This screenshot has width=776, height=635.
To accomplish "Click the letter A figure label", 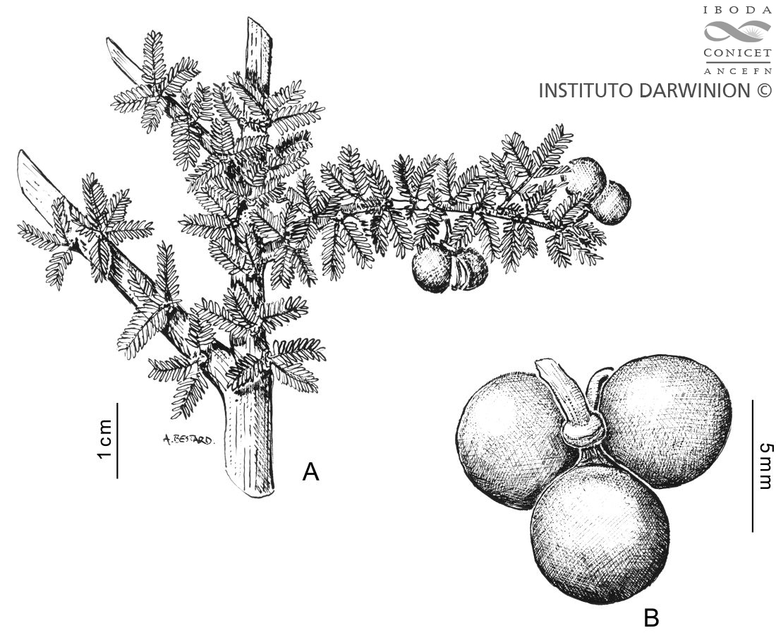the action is pyautogui.click(x=311, y=472).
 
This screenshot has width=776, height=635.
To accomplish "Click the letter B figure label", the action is pyautogui.click(x=651, y=618).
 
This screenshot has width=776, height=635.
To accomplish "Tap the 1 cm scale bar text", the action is pyautogui.click(x=105, y=439).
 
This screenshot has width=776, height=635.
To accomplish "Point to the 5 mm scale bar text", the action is pyautogui.click(x=765, y=465).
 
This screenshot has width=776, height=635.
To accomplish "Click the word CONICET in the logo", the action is pyautogui.click(x=737, y=53).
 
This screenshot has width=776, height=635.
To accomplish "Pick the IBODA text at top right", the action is pyautogui.click(x=737, y=10).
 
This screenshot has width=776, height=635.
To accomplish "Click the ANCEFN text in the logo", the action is pyautogui.click(x=737, y=71).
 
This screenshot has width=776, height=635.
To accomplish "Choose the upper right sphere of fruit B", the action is pyautogui.click(x=666, y=420).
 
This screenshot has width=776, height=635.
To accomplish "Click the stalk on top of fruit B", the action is pyautogui.click(x=567, y=392).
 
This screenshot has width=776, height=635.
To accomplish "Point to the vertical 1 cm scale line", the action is pyautogui.click(x=117, y=440).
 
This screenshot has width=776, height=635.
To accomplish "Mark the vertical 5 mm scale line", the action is pyautogui.click(x=752, y=466).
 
